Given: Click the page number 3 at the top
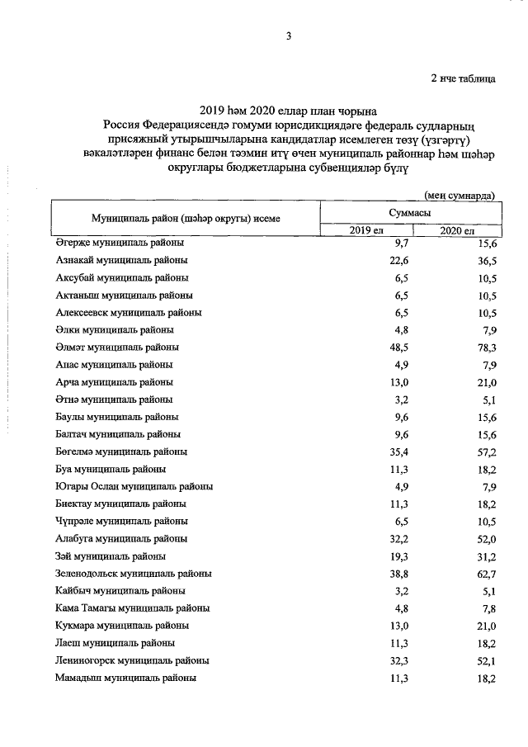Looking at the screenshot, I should click(289, 35).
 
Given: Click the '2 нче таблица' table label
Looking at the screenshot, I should click(463, 79).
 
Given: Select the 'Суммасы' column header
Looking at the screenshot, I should click(410, 212).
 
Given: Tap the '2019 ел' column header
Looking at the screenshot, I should click(366, 230).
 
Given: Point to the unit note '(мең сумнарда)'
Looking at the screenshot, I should click(460, 196).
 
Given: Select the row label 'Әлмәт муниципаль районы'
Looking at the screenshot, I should click(117, 347).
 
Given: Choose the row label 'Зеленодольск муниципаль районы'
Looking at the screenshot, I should click(134, 573).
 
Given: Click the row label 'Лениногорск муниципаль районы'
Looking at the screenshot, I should click(132, 660).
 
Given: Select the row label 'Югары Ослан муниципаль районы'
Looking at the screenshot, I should click(134, 486).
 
